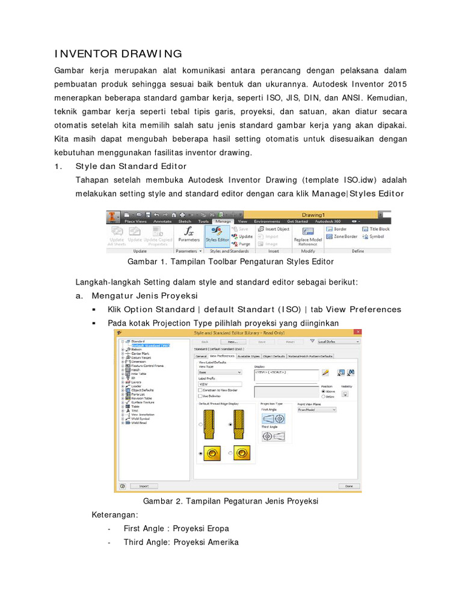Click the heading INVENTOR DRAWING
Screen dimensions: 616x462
coord(118,55)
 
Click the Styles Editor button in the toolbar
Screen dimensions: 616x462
coord(217,235)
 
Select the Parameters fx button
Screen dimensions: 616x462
coord(189,235)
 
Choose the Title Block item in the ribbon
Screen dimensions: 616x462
coord(376,229)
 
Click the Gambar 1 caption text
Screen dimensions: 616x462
coord(230,262)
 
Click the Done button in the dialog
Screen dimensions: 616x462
coord(348,485)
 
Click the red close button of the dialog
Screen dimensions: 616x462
coord(358,332)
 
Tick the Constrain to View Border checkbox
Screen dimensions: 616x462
coord(201,390)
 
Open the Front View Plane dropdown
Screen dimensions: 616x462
coord(316,409)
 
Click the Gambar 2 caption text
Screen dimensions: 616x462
coord(230,501)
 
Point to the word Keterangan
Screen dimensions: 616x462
coord(115,515)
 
